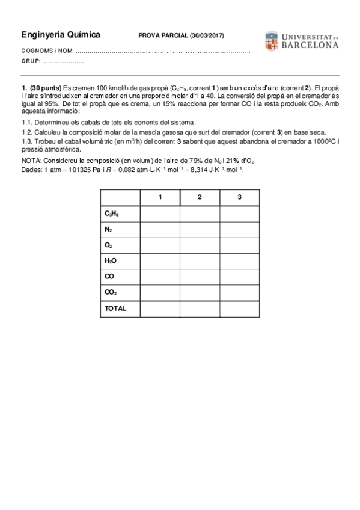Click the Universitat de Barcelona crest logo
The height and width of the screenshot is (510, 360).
tap(270, 41)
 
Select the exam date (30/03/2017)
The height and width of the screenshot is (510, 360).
tap(207, 36)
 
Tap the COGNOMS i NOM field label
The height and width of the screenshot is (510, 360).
tap(48, 51)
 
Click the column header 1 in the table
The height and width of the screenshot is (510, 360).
tap(160, 197)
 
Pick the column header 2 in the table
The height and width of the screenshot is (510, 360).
tap(200, 197)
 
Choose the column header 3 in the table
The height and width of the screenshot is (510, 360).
tap(239, 197)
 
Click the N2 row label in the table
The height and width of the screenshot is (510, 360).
tap(108, 229)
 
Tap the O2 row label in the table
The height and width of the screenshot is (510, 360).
tap(108, 245)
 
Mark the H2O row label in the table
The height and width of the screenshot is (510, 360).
tap(110, 260)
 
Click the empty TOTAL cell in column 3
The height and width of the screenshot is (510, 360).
tap(239, 307)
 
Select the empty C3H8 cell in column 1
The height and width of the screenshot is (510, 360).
tap(160, 214)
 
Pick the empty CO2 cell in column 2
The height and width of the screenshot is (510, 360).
tap(200, 292)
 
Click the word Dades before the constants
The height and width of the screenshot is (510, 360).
tap(31, 170)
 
